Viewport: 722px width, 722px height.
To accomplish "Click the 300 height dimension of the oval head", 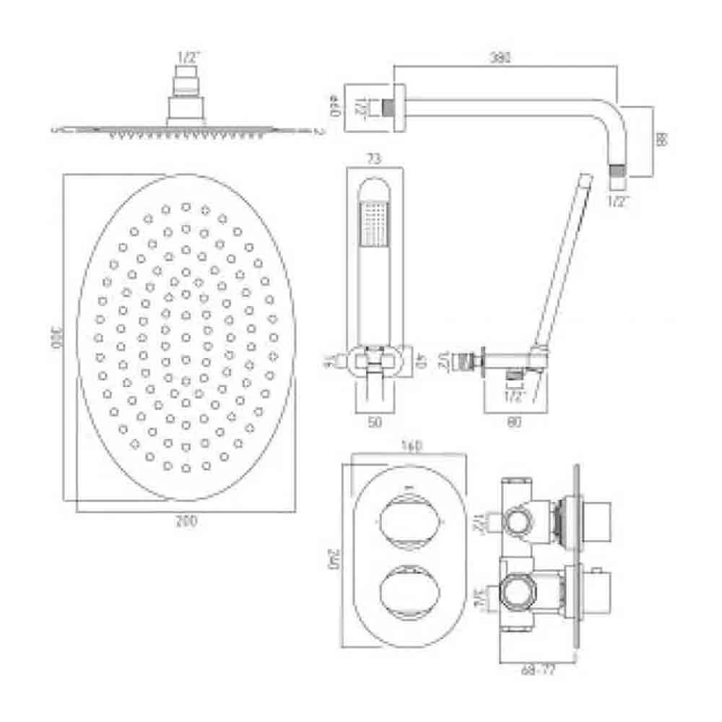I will pos(53,339).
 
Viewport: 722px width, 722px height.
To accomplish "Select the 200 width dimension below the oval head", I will pos(186,521).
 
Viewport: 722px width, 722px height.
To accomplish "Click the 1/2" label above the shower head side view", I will pos(186,56).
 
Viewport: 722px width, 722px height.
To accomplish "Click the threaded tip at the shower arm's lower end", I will pos(616,172).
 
